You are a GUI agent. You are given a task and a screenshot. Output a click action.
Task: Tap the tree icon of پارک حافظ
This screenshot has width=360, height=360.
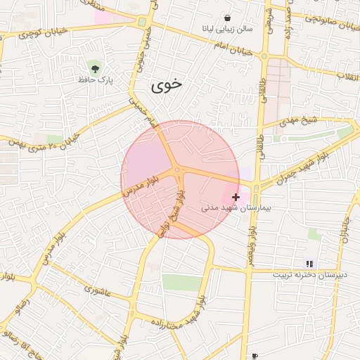[x=95, y=68]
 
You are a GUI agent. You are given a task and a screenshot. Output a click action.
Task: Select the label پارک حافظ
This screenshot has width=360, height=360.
[x=95, y=80]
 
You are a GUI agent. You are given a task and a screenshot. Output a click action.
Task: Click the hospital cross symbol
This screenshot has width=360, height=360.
[x=236, y=198]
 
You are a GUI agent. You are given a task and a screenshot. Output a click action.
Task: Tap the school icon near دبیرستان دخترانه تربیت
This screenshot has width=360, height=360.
[x=310, y=264]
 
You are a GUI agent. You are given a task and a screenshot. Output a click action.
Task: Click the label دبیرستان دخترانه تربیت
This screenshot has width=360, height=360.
[x=310, y=275]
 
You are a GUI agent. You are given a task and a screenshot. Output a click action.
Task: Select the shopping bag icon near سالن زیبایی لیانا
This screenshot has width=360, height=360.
[x=227, y=18]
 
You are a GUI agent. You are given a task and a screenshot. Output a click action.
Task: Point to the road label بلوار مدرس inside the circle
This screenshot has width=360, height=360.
[x=143, y=184]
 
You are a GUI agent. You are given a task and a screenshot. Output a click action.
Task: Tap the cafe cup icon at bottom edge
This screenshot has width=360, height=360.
[x=255, y=356]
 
